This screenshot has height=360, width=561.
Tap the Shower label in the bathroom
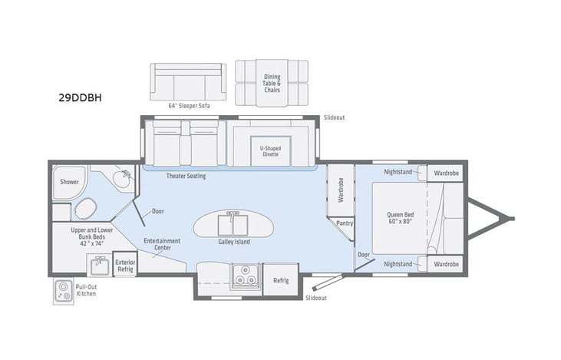(69, 182)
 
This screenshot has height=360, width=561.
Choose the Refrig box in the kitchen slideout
(281, 280)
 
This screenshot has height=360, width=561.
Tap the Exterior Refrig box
(125, 265)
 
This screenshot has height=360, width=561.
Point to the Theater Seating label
(186, 176)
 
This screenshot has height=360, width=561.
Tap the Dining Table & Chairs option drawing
(272, 83)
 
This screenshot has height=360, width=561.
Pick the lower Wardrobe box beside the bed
(445, 263)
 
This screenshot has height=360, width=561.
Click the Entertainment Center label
(162, 244)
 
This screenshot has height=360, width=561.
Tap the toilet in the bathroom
(86, 207)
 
